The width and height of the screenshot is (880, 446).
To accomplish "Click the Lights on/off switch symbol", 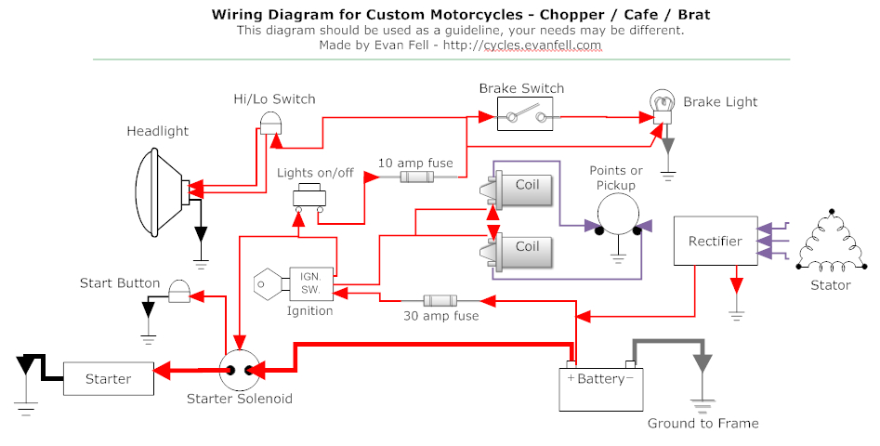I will coord(310,196).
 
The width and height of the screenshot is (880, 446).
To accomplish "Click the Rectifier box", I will coord(715,242).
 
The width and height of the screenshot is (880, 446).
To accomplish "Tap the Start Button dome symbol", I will coord(178,293).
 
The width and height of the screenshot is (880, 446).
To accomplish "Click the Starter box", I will coord(108,379).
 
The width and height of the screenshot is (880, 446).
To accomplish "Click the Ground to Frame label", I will coord(703,424).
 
